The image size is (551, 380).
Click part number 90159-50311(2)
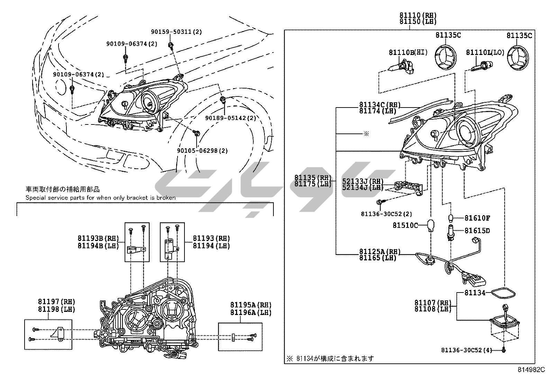point(176,32)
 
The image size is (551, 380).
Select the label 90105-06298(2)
point(202,151)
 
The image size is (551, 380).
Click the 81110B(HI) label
point(408,53)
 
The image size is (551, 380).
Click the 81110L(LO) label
point(485,53)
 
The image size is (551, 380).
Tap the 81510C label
point(405,225)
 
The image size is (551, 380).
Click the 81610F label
point(477,218)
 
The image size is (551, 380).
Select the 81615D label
point(477,231)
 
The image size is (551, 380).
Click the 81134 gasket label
point(475,293)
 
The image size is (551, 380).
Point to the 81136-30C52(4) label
point(466,350)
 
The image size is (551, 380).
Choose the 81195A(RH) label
point(251,305)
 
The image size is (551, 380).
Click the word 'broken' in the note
point(166,198)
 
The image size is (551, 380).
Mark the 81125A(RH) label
point(380,251)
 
